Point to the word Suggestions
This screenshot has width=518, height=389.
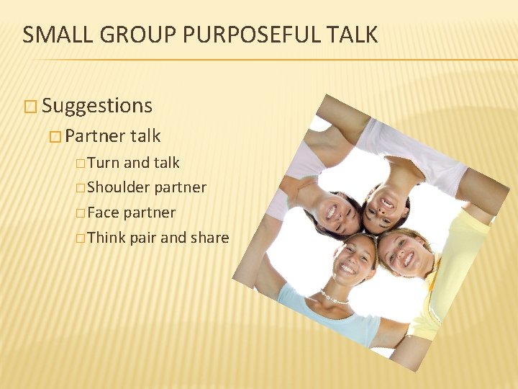click(97, 106)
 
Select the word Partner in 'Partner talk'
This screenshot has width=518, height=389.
click(95, 136)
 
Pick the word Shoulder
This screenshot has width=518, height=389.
click(119, 187)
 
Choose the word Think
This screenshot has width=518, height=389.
click(106, 238)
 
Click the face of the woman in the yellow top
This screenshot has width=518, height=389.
click(405, 252)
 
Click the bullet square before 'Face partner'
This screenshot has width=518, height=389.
click(79, 213)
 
